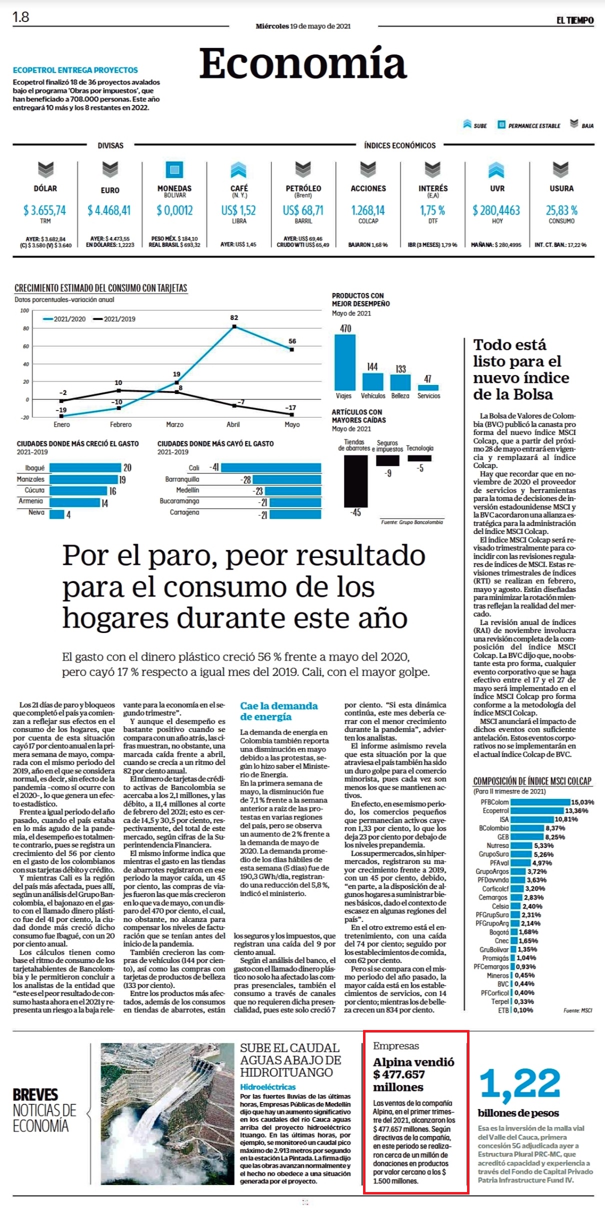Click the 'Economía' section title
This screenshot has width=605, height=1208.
tap(302, 63)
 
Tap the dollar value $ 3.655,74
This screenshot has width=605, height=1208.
tap(44, 210)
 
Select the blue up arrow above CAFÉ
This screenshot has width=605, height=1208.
tap(238, 170)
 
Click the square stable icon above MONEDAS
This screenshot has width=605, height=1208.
tap(174, 170)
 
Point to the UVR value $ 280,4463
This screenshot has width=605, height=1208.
tap(496, 210)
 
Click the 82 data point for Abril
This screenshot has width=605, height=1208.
tap(234, 326)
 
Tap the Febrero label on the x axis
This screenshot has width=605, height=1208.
tap(120, 424)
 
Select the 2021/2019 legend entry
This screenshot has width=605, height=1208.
tap(114, 318)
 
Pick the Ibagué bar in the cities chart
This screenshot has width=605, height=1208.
tap(85, 468)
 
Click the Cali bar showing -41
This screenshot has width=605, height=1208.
tap(271, 467)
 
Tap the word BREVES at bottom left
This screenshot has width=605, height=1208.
tap(35, 1094)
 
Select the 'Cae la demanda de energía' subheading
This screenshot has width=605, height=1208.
tap(278, 711)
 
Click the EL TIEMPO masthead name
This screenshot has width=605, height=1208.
tap(575, 20)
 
